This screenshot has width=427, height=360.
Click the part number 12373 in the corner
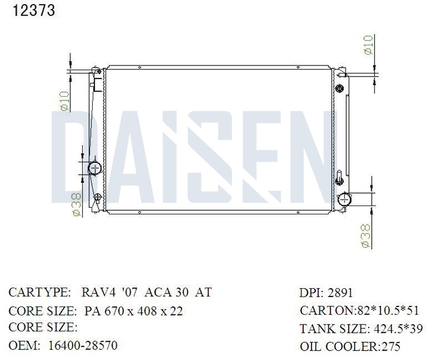pyautogui.click(x=34, y=10)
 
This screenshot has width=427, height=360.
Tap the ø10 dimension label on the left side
pyautogui.click(x=65, y=101)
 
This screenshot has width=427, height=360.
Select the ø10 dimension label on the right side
pyautogui.click(x=368, y=45)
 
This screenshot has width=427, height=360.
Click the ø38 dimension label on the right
pyautogui.click(x=366, y=236)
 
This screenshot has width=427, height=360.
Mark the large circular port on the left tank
pyautogui.click(x=95, y=169)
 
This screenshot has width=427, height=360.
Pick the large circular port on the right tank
pyautogui.click(x=344, y=200)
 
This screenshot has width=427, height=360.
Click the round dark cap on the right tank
pyautogui.click(x=340, y=88)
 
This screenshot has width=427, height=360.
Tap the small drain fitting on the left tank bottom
pyautogui.click(x=97, y=198)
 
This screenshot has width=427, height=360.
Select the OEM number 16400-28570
pyautogui.click(x=83, y=345)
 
